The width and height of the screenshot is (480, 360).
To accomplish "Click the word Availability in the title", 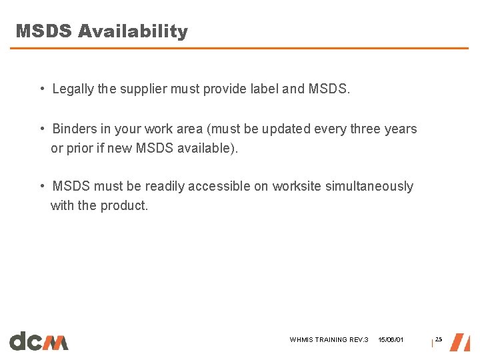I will [x=133, y=32].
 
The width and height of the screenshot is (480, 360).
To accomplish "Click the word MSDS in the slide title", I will [x=44, y=31].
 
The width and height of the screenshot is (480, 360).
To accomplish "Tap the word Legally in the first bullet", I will [x=73, y=89].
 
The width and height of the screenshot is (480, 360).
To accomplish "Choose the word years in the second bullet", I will [x=401, y=129].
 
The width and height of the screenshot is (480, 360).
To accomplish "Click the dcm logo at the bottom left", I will [x=39, y=341].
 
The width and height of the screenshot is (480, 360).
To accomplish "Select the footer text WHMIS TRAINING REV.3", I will [x=329, y=340].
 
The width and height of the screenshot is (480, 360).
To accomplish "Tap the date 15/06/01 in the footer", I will [x=391, y=340].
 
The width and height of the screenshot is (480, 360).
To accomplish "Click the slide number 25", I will [x=439, y=340].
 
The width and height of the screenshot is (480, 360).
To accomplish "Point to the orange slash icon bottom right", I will [x=460, y=342].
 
